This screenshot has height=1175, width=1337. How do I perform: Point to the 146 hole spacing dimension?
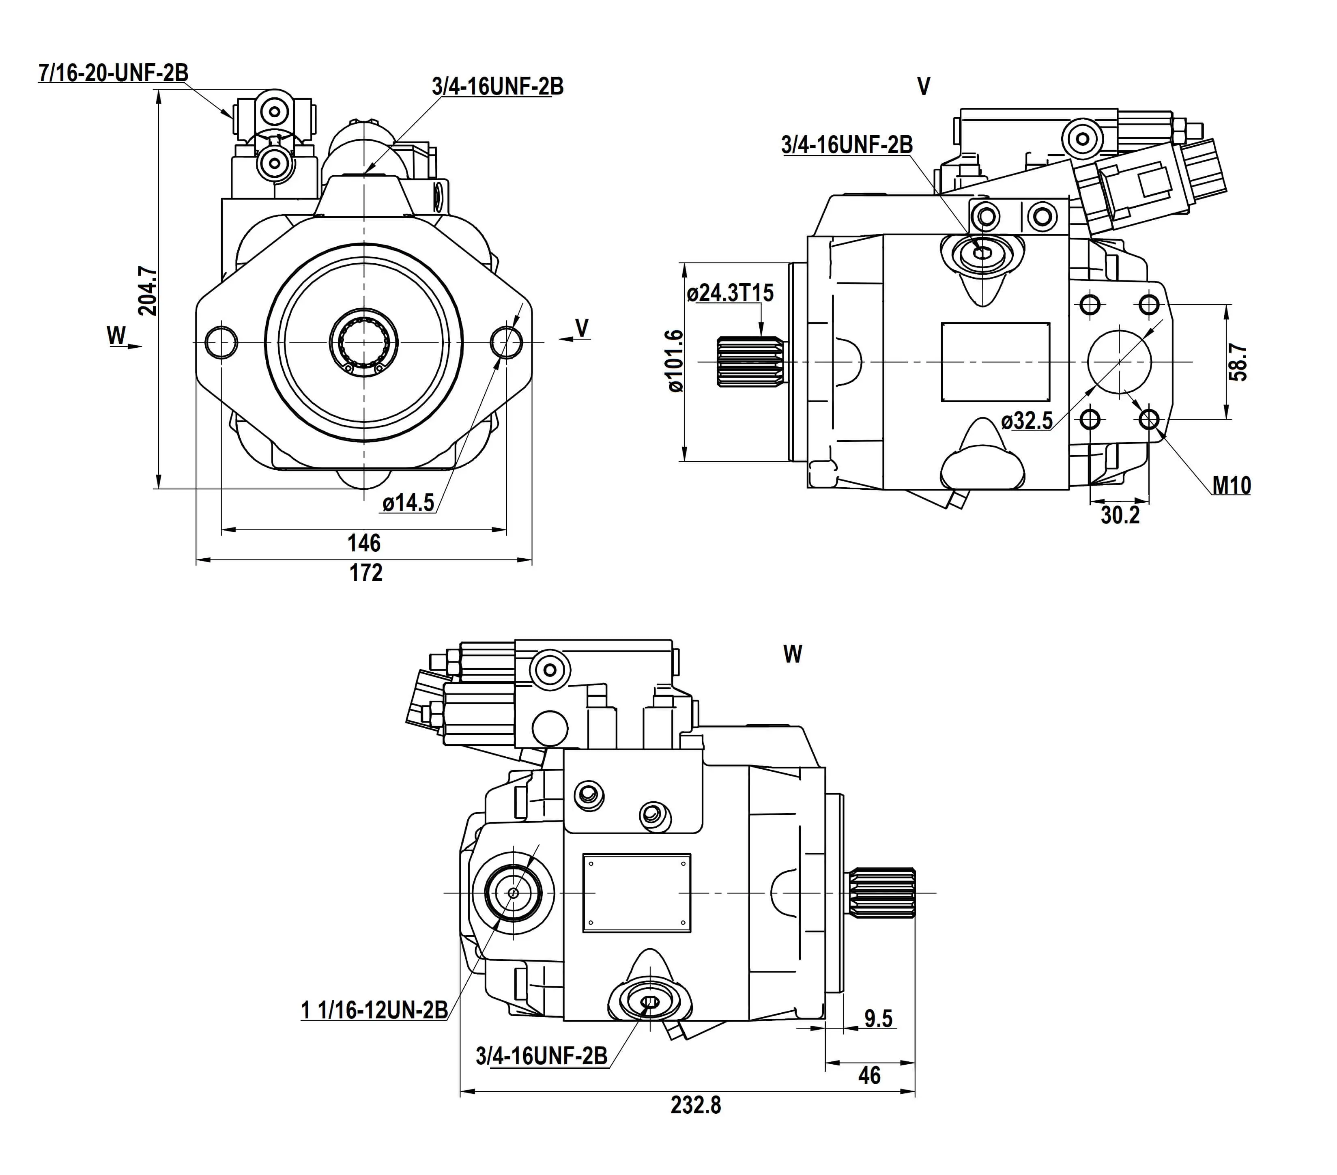coord(364,543)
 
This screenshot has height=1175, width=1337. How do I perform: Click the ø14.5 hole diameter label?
coord(408,502)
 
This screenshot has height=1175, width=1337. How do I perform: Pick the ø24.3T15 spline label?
coord(730,293)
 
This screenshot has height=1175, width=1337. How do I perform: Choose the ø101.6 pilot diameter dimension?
coord(675,361)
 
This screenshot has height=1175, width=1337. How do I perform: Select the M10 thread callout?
coord(1232,485)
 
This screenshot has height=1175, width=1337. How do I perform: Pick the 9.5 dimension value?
coord(878,1019)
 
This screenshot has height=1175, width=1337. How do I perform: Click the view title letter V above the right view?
coord(924,86)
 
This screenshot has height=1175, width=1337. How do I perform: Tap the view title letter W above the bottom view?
coord(793,654)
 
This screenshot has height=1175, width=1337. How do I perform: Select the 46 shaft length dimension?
coord(869,1076)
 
